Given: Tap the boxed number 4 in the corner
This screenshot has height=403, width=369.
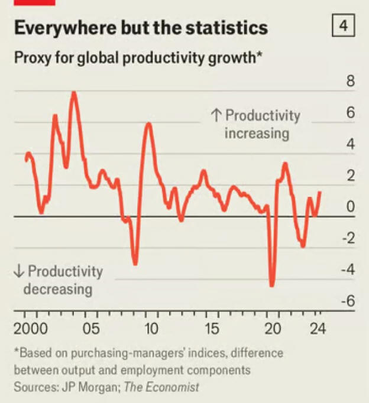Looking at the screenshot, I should click(x=343, y=26).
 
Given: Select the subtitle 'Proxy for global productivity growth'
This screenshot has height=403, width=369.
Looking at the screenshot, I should click(x=137, y=58).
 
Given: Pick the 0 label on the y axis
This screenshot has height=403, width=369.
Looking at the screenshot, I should click(x=350, y=207).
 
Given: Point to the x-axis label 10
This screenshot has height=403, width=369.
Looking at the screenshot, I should click(x=151, y=329).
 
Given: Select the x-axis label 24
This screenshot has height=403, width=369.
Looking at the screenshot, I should click(x=318, y=329).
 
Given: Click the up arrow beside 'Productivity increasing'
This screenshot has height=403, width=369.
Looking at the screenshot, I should click(x=216, y=116).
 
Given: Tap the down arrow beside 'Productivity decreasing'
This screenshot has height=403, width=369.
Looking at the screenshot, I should click(x=19, y=272).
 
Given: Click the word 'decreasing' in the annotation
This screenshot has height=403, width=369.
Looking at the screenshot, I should click(x=58, y=290).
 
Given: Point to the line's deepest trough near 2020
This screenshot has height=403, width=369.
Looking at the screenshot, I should click(x=272, y=286).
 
